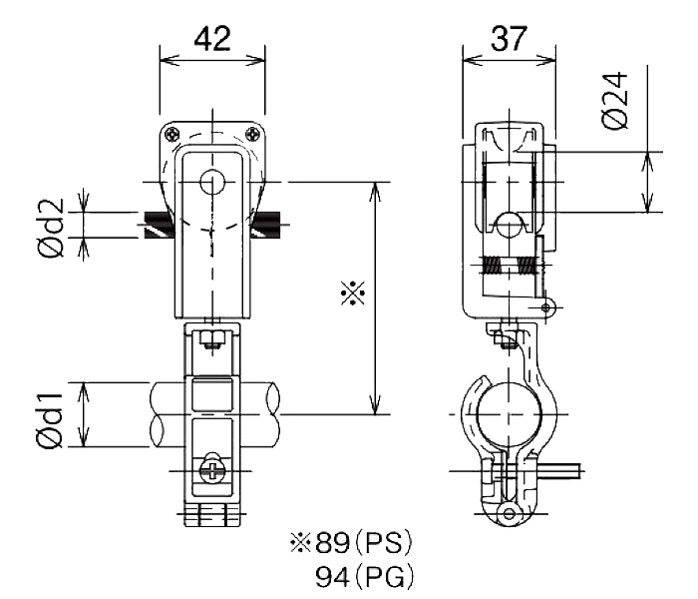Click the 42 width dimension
coord(212,39)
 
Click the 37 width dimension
coord(509,39)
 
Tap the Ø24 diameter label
coord(615,101)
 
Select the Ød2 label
coord(51,229)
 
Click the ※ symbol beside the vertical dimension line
coord(353,293)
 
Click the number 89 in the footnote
coord(332,543)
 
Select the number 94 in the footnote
coord(332,577)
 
